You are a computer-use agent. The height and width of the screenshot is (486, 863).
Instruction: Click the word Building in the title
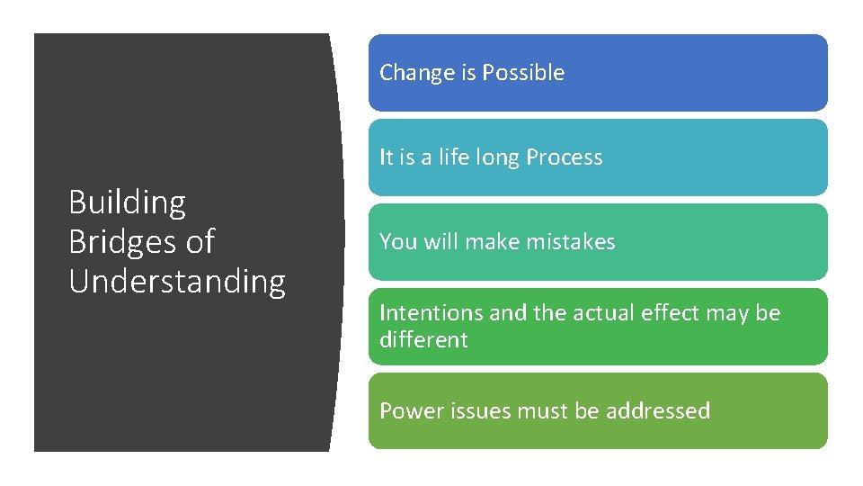127,203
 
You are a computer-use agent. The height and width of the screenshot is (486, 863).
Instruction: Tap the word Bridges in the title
121,242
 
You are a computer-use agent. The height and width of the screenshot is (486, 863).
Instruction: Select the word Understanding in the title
177,282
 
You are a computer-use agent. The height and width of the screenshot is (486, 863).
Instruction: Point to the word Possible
523,73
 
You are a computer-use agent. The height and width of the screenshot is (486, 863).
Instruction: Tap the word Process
565,157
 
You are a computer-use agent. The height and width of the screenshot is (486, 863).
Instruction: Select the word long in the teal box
499,158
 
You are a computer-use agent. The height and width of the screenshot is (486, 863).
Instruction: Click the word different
423,340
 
